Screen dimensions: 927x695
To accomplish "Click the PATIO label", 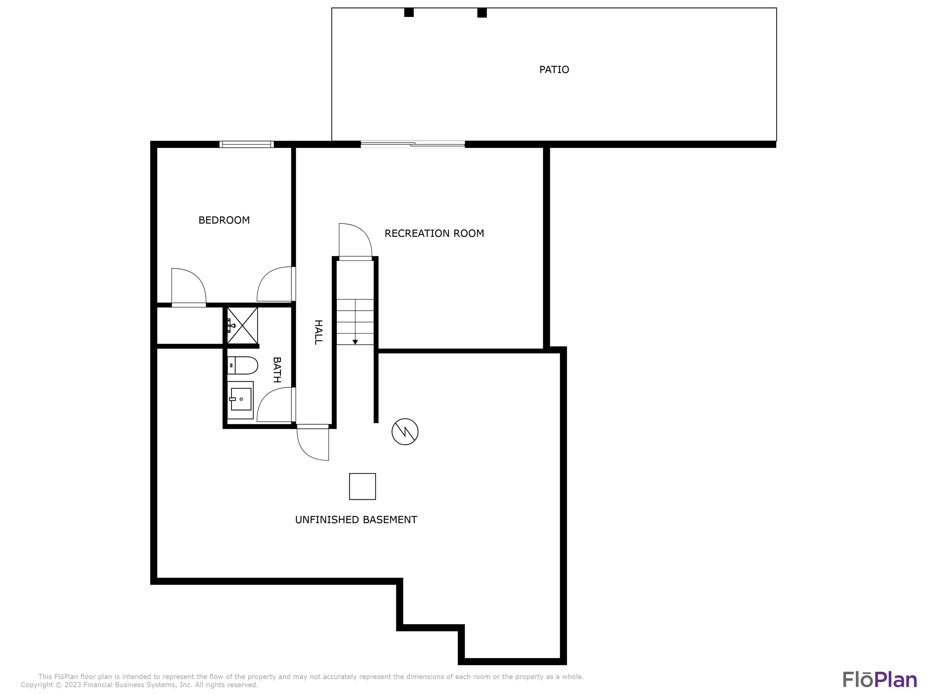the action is point(554,70).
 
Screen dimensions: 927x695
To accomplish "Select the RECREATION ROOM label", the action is point(434,233).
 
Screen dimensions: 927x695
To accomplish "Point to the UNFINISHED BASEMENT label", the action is point(356,519).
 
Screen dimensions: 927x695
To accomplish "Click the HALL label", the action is point(318,332).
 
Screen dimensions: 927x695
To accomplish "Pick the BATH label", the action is point(277,370).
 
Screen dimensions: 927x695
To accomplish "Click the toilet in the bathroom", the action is point(242,365).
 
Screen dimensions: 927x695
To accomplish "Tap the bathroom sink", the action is point(241,400).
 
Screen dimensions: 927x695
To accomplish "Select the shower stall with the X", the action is point(242,326).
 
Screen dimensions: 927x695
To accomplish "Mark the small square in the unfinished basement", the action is point(362,486).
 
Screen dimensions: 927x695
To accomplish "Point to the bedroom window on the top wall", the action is point(247,144).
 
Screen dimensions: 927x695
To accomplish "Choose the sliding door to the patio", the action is point(413,144).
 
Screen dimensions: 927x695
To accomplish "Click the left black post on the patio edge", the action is point(409,13).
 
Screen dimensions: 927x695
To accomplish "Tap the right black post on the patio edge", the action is point(482,13).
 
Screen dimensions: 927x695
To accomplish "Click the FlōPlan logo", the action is point(880,680).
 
